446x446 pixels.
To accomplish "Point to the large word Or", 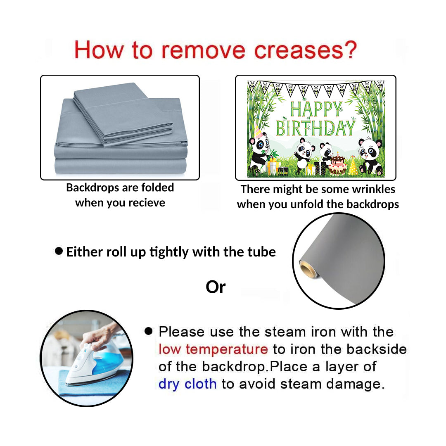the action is (x=216, y=287).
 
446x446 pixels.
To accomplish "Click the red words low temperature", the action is (x=213, y=349).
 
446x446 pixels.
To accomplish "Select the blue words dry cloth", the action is (x=187, y=384).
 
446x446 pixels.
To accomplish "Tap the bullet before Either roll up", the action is (x=59, y=251).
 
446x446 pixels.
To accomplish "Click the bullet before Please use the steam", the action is (x=149, y=331).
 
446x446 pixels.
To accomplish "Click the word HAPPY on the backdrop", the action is (x=316, y=109).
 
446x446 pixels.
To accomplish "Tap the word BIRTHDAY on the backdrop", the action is (x=316, y=128).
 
